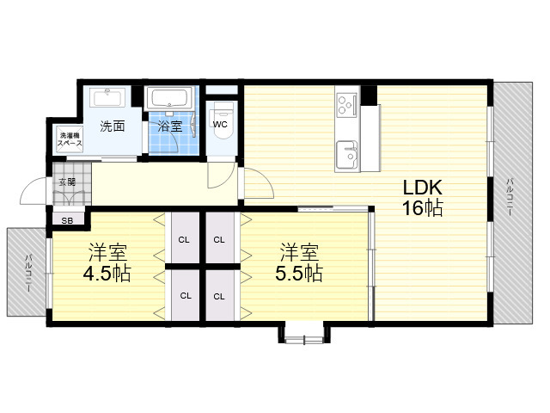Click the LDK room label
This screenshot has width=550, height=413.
coord(422,188)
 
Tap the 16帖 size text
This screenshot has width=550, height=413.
coord(422,208)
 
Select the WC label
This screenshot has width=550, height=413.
coord(220,124)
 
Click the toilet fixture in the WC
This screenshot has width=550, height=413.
coord(222,120)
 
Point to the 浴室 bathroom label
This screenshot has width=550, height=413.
coord(169,126)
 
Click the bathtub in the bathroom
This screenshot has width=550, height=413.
coord(169,97)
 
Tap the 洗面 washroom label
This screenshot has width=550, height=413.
coord(113,126)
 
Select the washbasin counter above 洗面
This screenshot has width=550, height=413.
coord(107,97)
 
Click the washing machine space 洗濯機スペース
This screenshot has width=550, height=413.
coord(70,139)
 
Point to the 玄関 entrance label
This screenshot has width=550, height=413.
coord(67,182)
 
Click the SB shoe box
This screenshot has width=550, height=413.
coord(67,221)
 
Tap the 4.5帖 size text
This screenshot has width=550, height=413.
coord(107,273)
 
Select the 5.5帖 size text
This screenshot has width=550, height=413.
coord(299,273)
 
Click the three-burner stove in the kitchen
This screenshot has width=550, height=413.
coord(346,105)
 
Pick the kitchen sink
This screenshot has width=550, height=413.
coord(346,154)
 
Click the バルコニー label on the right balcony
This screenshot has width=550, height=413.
coord(510,197)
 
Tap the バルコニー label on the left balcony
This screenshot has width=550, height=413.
coord(28,273)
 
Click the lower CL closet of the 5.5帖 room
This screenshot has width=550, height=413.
coord(220,295)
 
